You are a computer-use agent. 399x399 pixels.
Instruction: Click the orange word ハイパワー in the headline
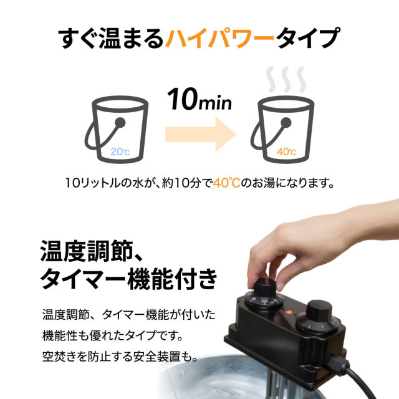(x=219, y=39)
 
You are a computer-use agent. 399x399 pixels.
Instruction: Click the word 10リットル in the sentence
(x=94, y=184)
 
